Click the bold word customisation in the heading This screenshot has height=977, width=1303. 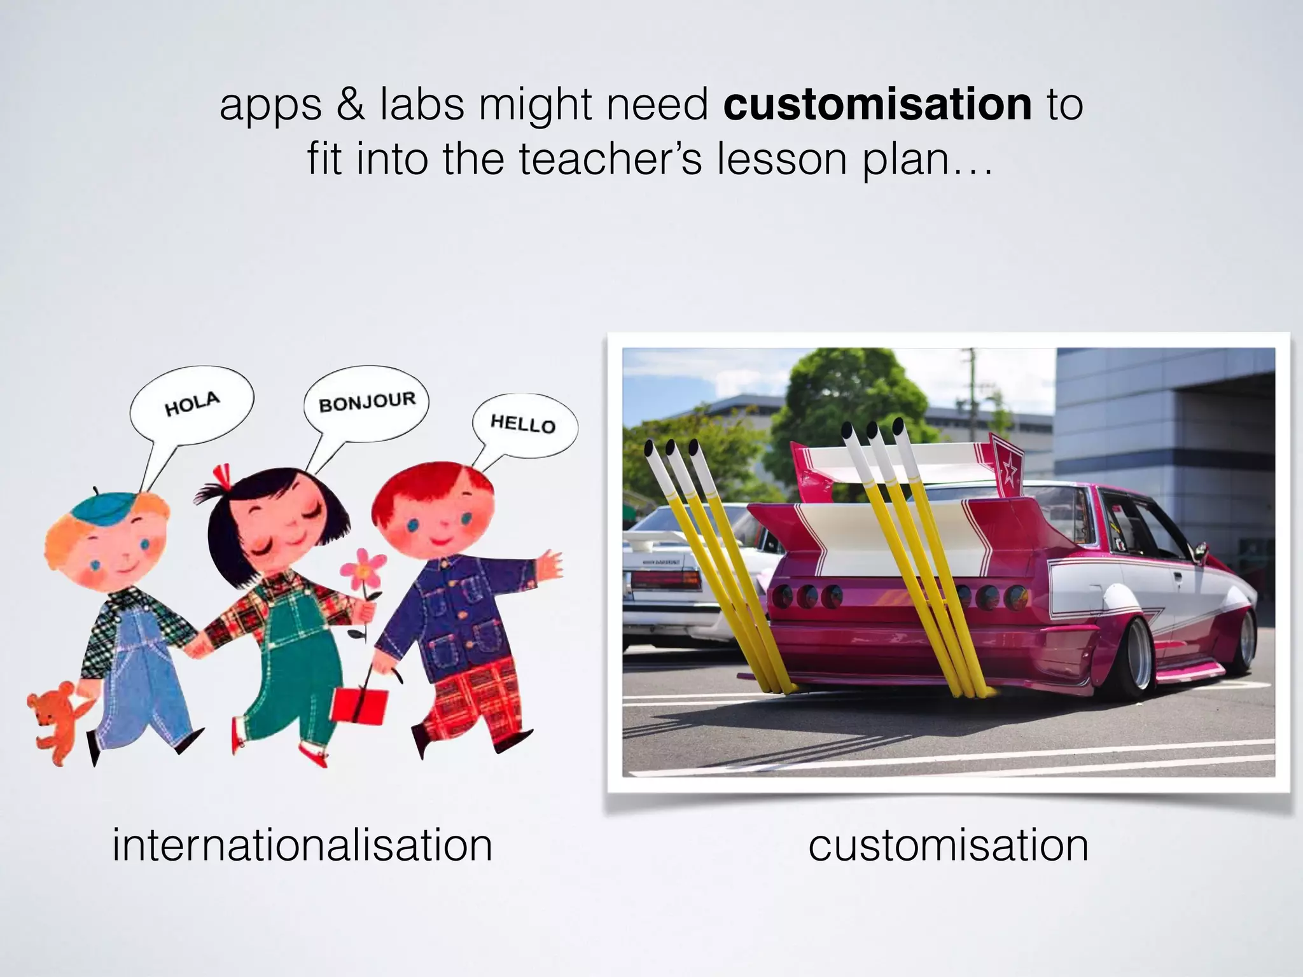877,104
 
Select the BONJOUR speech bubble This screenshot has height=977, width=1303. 366,402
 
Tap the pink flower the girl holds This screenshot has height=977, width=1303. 362,567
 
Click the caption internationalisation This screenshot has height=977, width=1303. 302,845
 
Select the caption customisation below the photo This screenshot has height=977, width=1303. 948,845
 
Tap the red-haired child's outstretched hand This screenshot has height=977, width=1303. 548,564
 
